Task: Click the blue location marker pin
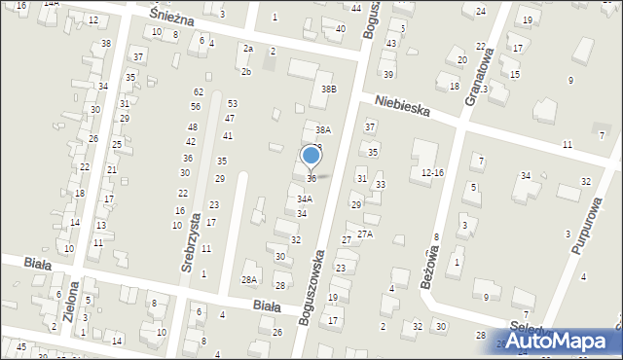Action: click(311, 156)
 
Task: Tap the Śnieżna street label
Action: click(173, 18)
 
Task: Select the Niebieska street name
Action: click(402, 109)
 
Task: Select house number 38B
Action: click(329, 90)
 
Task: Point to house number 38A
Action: click(323, 129)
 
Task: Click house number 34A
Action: click(305, 198)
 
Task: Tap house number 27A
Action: click(365, 234)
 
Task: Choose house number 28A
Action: click(249, 279)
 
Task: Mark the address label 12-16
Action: click(432, 172)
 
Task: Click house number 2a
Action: click(248, 49)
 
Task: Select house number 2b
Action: click(246, 71)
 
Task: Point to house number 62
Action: click(198, 91)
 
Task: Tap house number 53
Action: click(233, 103)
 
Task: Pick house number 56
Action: click(196, 106)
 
